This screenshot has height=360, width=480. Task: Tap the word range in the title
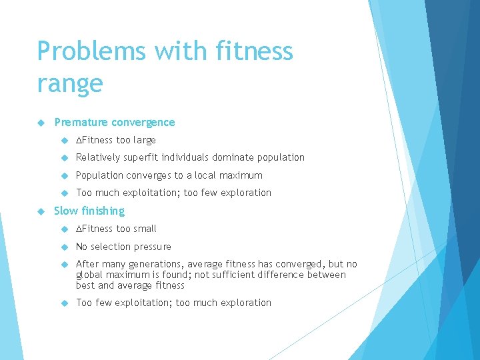[70, 84]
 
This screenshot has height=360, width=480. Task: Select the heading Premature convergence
[114, 122]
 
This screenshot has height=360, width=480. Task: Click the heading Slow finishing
[89, 211]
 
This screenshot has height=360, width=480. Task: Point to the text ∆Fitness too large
[115, 140]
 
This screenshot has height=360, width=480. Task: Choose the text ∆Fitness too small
[116, 229]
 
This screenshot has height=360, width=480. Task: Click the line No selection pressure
[123, 247]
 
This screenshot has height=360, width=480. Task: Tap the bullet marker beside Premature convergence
[41, 123]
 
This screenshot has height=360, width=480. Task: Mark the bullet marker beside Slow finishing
[41, 211]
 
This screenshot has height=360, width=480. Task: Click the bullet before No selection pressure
[64, 247]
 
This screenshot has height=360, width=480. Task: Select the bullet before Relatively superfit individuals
[64, 158]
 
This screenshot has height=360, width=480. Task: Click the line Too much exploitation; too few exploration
[173, 193]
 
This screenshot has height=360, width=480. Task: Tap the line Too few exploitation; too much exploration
[173, 303]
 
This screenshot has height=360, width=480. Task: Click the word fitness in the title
[250, 51]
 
